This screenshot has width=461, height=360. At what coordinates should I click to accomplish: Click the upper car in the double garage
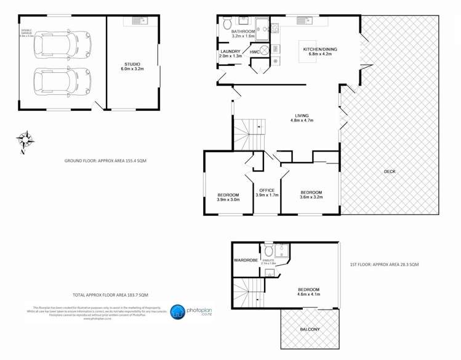coord(62,43)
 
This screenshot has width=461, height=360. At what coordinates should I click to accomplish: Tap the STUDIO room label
coord(132,64)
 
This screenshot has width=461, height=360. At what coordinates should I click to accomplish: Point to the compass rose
coord(23,140)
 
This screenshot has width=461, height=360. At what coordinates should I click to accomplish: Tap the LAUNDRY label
coord(230,52)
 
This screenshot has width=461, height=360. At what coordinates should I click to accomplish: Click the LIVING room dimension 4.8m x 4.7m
coord(302,121)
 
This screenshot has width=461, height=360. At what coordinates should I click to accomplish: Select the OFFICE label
coord(267,190)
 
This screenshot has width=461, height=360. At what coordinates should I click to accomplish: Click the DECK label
coord(390,172)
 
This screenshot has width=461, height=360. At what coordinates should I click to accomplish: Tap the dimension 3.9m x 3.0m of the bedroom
coord(228,200)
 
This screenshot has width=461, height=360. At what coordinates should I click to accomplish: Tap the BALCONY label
coord(309,330)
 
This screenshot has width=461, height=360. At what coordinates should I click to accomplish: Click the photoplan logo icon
coord(177,312)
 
